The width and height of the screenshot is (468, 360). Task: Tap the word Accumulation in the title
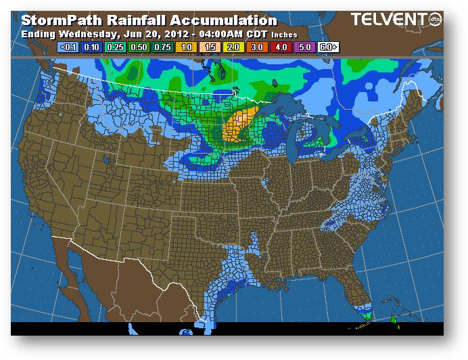tap(225, 20)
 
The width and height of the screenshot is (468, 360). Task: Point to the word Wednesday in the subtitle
tap(88, 33)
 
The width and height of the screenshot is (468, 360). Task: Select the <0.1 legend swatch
tap(68, 47)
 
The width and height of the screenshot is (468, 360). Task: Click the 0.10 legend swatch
tap(91, 47)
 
